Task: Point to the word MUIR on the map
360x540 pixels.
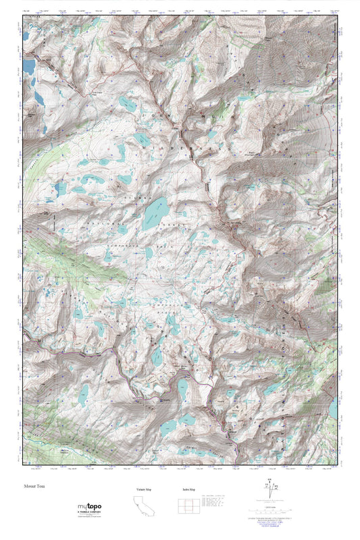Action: point(223,116)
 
